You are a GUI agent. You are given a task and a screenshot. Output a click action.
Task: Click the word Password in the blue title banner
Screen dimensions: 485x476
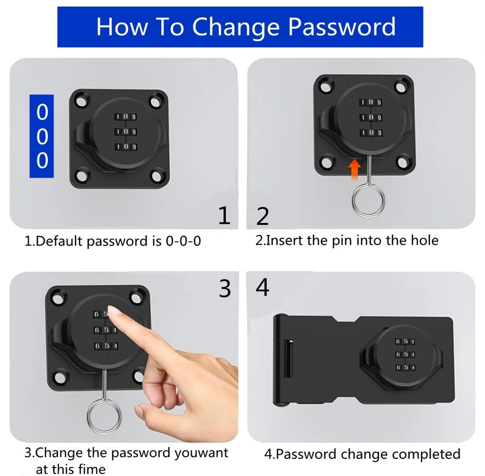pyautogui.click(x=342, y=27)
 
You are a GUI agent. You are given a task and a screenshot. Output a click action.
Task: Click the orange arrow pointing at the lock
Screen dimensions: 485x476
pyautogui.click(x=355, y=169)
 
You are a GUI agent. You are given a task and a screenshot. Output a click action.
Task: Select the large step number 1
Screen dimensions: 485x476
pyautogui.click(x=224, y=215)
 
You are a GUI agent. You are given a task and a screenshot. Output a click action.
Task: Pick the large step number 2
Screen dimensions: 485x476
pyautogui.click(x=262, y=216)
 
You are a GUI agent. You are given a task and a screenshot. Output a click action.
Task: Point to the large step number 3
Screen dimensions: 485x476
pyautogui.click(x=225, y=288)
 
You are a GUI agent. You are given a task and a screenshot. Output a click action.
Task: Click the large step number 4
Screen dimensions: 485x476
pyautogui.click(x=262, y=287)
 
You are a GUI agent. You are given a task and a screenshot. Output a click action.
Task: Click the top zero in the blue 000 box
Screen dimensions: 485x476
pyautogui.click(x=42, y=112)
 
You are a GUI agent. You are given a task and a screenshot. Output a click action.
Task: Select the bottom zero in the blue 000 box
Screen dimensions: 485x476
pyautogui.click(x=42, y=160)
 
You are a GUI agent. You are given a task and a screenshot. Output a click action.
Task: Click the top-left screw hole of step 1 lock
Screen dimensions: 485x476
pyautogui.click(x=81, y=101)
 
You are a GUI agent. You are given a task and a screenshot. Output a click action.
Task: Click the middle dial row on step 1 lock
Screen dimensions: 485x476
pyautogui.click(x=126, y=132)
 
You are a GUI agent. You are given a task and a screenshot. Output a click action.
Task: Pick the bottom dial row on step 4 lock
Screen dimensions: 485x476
pyautogui.click(x=405, y=367)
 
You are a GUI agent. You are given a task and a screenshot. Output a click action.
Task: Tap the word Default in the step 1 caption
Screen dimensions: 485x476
pyautogui.click(x=59, y=241)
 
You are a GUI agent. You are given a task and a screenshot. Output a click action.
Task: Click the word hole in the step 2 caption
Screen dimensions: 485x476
pyautogui.click(x=424, y=240)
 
